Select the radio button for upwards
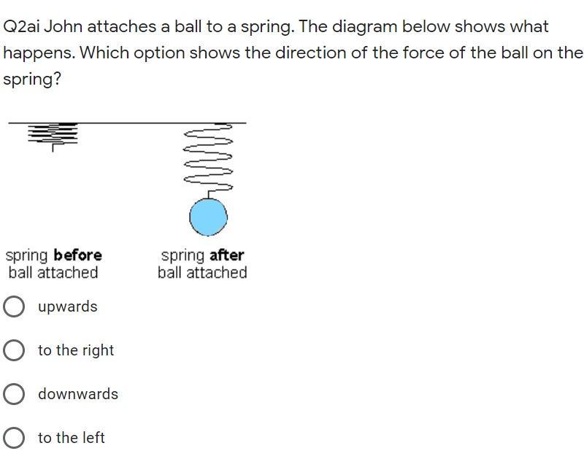point(14,307)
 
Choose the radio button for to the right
point(14,350)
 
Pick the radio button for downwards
point(14,394)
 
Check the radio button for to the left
point(14,438)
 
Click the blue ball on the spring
point(208,217)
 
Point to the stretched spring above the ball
point(208,161)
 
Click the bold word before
point(77,255)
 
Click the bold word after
point(226,255)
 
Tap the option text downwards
point(78,394)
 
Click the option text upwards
point(67,307)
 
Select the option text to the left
point(72,438)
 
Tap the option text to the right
point(76,350)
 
